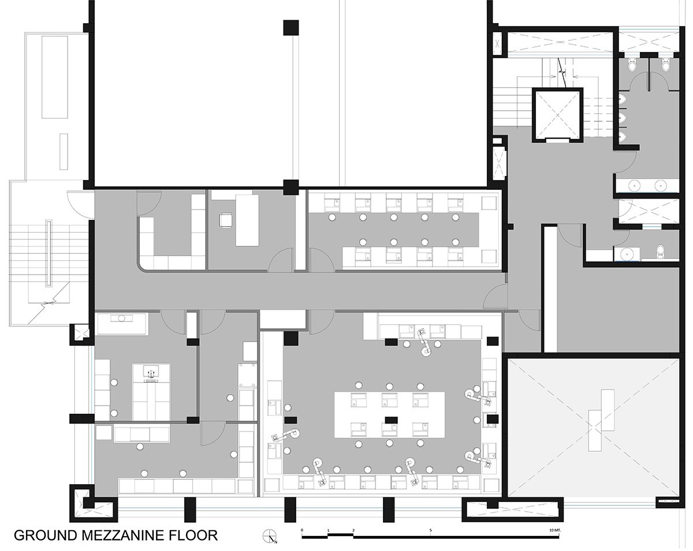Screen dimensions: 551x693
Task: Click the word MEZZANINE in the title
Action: tap(113, 535)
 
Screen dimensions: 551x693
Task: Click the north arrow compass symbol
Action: tap(270, 536)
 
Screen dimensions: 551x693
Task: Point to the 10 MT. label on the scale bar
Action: tap(554, 529)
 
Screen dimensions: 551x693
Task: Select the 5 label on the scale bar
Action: tap(430, 529)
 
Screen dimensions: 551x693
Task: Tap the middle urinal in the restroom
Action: tap(623, 118)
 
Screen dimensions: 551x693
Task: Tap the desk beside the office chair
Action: tap(247, 219)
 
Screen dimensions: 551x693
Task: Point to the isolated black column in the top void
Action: tap(290, 27)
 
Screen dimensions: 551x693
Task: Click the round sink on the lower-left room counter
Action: tap(122, 318)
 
